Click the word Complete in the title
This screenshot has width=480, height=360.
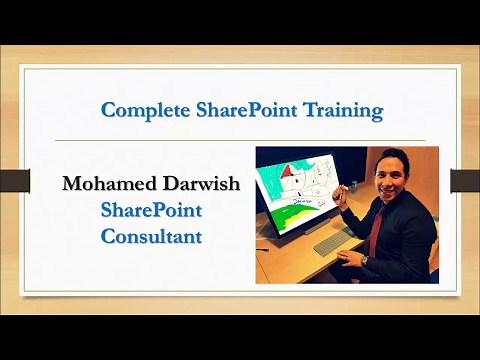tap(144, 110)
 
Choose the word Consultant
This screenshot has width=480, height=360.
tap(152, 237)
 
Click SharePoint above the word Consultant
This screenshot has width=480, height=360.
tap(152, 211)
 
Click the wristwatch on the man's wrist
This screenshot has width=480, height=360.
tap(363, 260)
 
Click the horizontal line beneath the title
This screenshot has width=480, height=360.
tap(240, 140)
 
